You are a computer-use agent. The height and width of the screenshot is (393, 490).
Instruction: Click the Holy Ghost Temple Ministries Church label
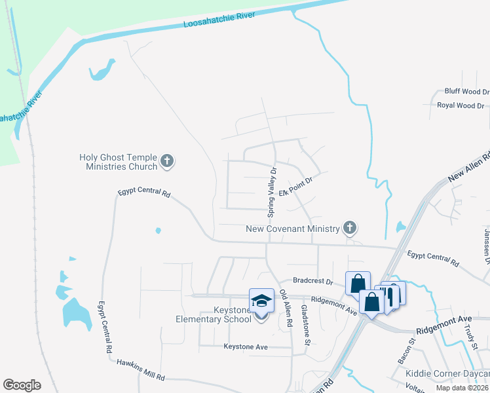point(118,162)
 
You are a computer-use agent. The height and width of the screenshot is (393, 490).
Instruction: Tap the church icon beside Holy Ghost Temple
point(167,160)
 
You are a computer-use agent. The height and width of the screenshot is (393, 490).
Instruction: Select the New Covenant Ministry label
point(292,229)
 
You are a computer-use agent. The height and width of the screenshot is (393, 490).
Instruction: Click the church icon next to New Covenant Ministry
point(350,228)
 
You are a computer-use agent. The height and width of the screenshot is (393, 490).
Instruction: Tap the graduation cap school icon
point(261,301)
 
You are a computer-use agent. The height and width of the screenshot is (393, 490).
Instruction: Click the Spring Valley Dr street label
point(273,192)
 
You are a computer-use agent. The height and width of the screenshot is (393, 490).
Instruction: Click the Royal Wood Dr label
point(461,105)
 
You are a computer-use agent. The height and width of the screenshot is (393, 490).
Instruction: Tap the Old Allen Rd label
point(286,309)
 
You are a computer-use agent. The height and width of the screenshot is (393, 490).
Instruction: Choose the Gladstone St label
point(305,320)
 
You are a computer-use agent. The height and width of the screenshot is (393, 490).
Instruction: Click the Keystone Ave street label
point(246,346)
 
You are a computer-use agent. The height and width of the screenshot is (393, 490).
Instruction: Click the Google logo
point(22,385)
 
